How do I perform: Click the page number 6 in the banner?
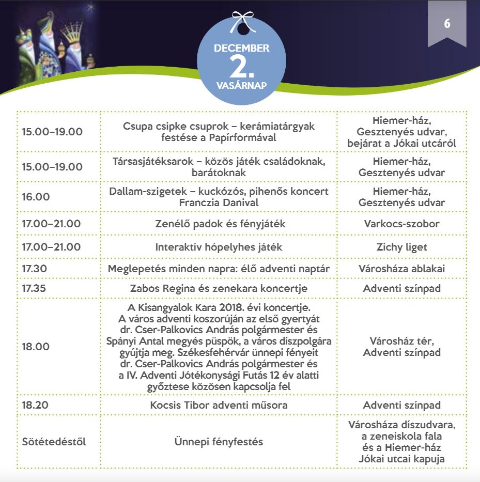tap(447, 24)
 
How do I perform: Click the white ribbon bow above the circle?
tap(241, 21)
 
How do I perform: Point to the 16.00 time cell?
tap(36, 197)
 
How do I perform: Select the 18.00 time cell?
tap(36, 346)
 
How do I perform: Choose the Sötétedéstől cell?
tap(54, 442)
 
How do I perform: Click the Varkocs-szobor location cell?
tap(401, 224)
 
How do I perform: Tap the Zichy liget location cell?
tap(401, 247)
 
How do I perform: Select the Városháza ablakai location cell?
tap(401, 269)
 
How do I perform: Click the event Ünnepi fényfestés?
tap(219, 442)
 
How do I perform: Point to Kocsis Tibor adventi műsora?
tap(219, 405)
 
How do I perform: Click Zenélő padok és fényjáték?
tap(219, 224)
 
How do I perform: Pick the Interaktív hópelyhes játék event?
tap(219, 247)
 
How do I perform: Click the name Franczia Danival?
tap(219, 203)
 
